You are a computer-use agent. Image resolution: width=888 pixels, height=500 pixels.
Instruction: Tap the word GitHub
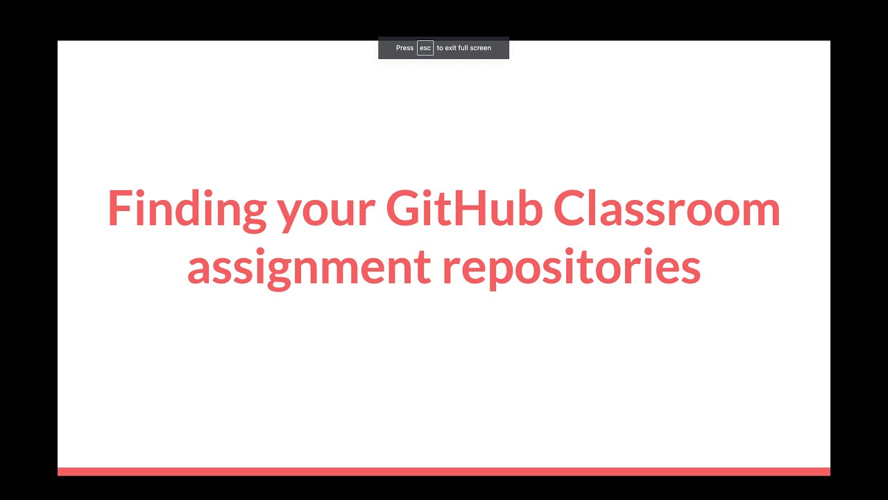464,208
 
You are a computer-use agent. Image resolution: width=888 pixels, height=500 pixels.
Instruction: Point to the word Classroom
667,208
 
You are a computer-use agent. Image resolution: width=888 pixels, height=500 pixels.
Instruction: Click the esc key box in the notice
425,48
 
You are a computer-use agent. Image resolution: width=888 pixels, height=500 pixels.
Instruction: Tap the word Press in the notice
404,48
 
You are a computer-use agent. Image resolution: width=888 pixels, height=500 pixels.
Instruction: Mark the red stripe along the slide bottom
444,472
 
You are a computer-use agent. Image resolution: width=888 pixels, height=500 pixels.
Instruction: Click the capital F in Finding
119,208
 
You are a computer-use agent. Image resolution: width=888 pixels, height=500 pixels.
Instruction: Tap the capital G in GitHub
405,208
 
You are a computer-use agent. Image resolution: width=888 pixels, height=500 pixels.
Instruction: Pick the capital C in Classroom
570,208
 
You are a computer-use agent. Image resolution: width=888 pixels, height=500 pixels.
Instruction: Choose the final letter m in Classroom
759,212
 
